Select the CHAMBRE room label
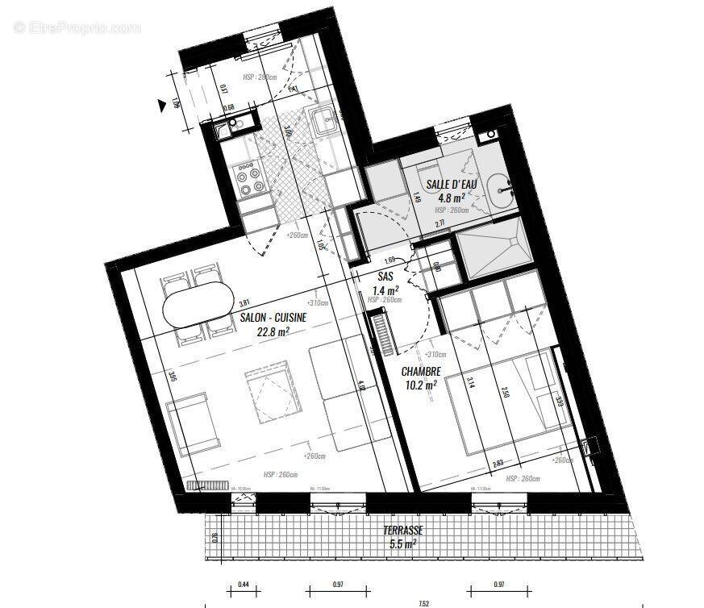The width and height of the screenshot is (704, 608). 422,372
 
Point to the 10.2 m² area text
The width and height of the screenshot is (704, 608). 421,385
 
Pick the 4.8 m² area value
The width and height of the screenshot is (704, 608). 451,198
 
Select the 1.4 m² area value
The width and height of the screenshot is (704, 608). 384,290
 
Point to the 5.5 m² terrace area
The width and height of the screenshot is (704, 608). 400,544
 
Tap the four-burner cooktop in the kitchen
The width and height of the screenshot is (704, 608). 248,179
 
